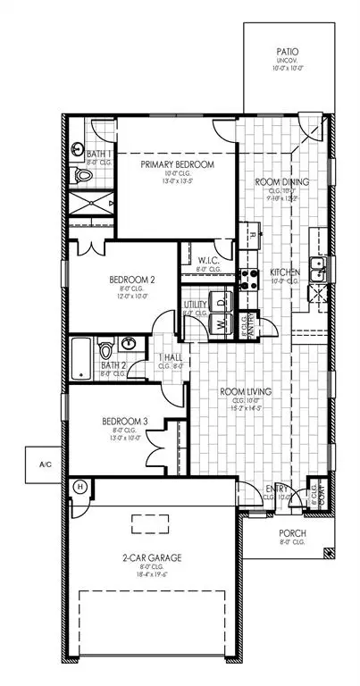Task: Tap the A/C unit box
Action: tap(45, 464)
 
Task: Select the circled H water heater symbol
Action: tap(80, 488)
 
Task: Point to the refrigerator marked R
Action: tap(254, 234)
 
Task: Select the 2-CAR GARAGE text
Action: tap(153, 557)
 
